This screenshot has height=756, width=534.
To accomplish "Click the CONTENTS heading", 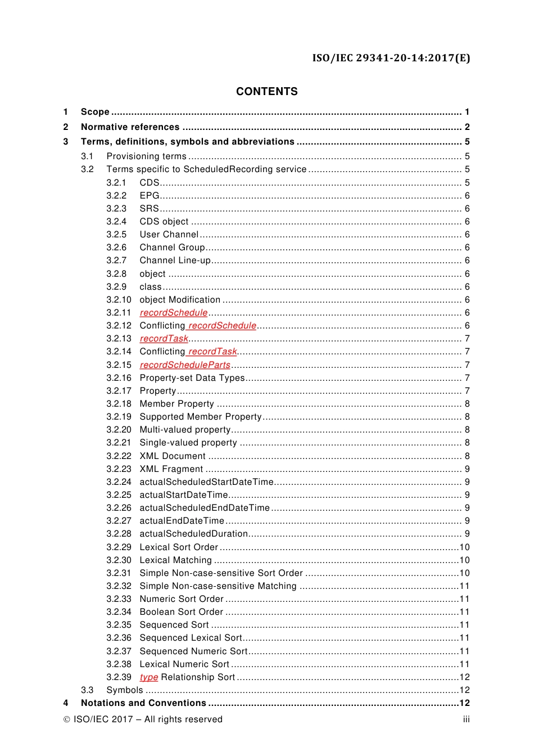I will [266, 92].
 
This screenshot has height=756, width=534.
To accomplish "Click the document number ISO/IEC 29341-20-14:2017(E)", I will [391, 58].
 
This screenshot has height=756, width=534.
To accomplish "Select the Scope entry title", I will [95, 112].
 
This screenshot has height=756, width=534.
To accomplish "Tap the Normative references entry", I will [130, 127].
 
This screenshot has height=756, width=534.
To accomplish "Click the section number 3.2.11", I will [119, 313].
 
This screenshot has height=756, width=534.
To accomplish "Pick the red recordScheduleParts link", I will [185, 365].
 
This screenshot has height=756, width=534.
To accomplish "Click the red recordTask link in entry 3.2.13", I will [164, 339].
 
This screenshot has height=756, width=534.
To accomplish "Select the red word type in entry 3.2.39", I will [149, 677].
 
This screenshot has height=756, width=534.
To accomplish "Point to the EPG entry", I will [150, 196].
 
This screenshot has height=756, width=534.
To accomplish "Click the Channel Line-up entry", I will [175, 260].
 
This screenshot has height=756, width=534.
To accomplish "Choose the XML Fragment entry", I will [171, 469].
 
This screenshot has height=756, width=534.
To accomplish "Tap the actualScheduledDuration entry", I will [193, 534].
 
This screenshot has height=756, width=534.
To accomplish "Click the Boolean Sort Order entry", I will [181, 612].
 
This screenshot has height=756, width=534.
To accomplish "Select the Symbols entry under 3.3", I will [124, 690].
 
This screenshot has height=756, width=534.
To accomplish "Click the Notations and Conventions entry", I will [143, 703].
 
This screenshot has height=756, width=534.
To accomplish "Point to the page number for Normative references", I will [467, 127].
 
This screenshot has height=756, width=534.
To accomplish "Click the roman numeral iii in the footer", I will [466, 719].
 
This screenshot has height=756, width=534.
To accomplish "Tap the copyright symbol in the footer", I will [66, 719].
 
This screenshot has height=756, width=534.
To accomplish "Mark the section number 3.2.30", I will [119, 560].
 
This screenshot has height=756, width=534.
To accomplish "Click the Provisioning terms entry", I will [146, 156].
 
